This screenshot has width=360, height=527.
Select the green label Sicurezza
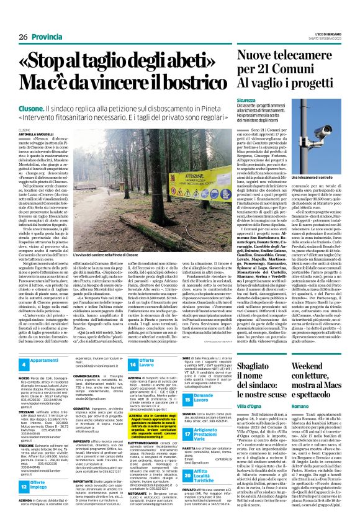tap(246, 99)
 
